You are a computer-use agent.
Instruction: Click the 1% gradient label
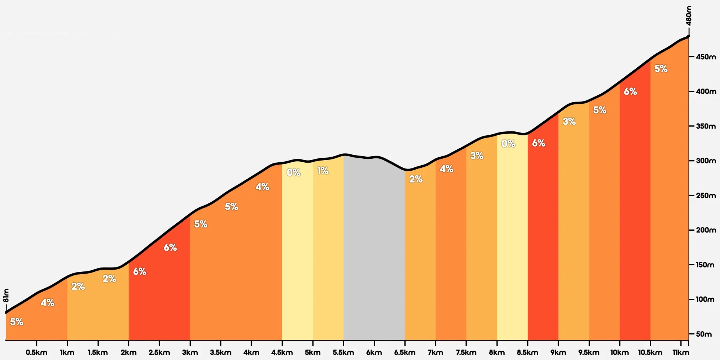[323, 171]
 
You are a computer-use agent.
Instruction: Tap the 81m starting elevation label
[6, 296]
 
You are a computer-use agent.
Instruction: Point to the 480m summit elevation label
[689, 16]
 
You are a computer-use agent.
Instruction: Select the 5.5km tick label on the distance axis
[343, 352]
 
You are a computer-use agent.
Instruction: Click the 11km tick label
[681, 352]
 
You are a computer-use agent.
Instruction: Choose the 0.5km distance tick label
[36, 352]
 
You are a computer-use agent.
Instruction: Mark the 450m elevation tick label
[706, 57]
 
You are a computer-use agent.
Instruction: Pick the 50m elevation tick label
[704, 334]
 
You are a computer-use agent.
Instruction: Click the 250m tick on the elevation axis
[706, 195]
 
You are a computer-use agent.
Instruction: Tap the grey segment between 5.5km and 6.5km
[374, 248]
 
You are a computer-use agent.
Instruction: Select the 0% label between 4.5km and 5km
[293, 172]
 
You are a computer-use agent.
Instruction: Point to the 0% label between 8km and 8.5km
[508, 144]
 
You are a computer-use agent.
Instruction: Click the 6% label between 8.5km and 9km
[539, 143]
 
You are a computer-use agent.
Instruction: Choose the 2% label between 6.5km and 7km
[416, 179]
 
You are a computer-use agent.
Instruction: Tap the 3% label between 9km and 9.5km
[569, 121]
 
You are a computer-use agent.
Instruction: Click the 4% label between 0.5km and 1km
[48, 302]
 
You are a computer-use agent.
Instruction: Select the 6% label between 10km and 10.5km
[630, 91]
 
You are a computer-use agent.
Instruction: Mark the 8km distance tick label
[497, 352]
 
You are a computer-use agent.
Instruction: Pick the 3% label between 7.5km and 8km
[477, 156]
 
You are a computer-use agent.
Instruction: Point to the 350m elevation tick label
[706, 126]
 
